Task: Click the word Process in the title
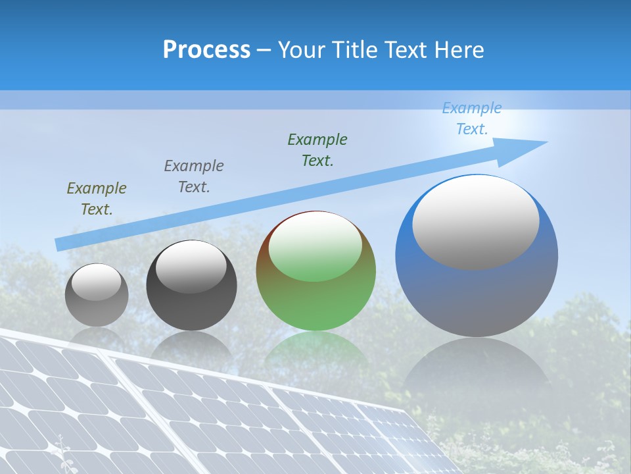(x=206, y=50)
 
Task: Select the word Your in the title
(x=301, y=50)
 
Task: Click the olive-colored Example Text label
(x=97, y=199)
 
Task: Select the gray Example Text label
(x=194, y=176)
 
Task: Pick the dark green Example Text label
(x=317, y=150)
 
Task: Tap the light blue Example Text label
(x=472, y=118)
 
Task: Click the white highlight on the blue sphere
(x=476, y=223)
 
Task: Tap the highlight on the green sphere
(x=315, y=247)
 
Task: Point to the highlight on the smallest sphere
(x=96, y=282)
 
